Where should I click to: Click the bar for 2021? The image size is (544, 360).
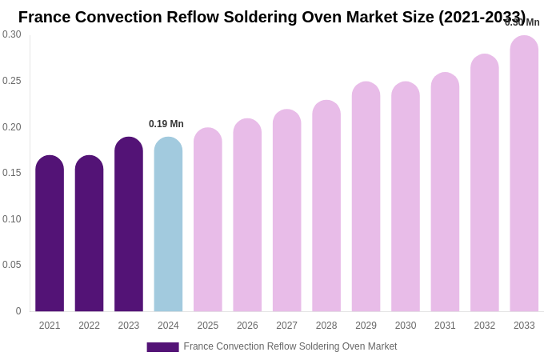coord(50,234)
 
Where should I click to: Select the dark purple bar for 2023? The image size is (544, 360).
coord(129,224)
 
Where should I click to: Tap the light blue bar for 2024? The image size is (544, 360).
coord(168,224)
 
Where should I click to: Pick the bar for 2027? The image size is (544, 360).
coord(287,210)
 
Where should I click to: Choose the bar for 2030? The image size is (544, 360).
coord(406,197)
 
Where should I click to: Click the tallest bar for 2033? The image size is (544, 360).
coord(524,174)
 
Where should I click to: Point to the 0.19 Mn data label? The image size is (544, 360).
coord(166,124)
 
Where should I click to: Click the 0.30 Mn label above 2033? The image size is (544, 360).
coord(522,22)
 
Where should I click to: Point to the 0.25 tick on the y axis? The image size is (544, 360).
coord(12,81)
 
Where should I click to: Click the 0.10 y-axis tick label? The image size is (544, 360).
coord(12,219)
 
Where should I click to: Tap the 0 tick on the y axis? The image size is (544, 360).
coord(18,311)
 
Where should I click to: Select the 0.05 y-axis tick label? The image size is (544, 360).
coord(12,265)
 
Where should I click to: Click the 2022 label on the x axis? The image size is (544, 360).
coord(89,326)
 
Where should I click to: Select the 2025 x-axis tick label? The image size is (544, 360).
coord(208,326)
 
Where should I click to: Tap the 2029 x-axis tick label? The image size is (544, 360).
coord(366,326)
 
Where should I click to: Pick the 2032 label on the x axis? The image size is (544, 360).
coord(485,326)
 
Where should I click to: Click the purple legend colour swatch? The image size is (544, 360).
coord(162,347)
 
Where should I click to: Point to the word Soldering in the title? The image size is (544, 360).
coord(273,17)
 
